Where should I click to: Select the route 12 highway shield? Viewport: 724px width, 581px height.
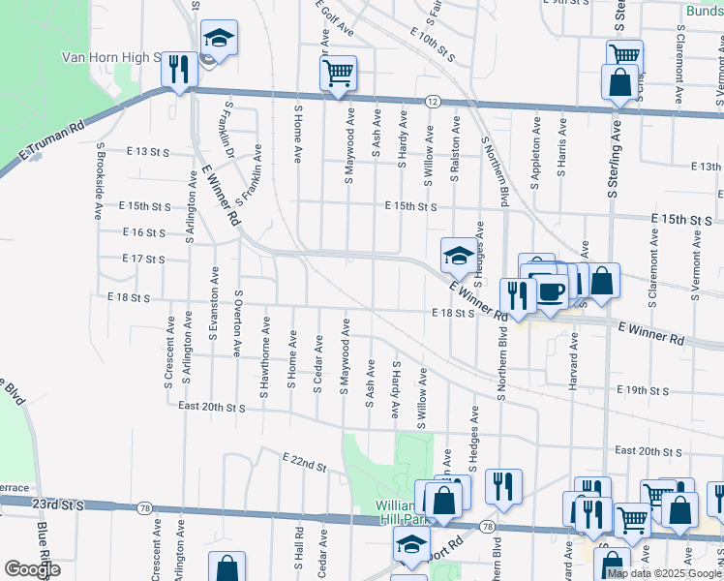coord(433,101)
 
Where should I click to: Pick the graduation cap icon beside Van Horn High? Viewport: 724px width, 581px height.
coord(219,39)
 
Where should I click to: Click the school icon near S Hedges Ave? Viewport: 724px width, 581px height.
coord(459,256)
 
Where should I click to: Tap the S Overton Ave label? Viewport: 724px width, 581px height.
coord(237,323)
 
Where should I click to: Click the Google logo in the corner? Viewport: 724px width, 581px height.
coord(33,569)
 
